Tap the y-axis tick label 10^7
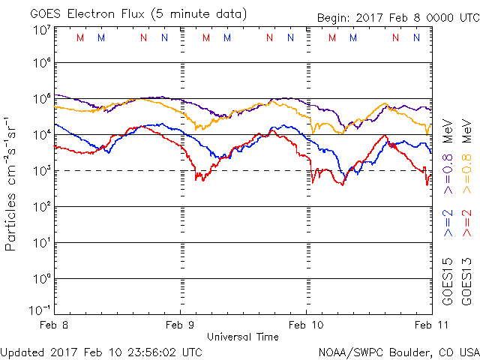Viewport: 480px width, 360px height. click(41, 30)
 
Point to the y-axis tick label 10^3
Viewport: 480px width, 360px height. click(41, 172)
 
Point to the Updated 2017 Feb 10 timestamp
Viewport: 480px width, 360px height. click(101, 351)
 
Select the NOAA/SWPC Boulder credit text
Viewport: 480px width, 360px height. click(398, 351)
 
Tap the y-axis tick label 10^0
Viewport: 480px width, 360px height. click(41, 279)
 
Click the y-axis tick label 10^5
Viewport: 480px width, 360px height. click(41, 100)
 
